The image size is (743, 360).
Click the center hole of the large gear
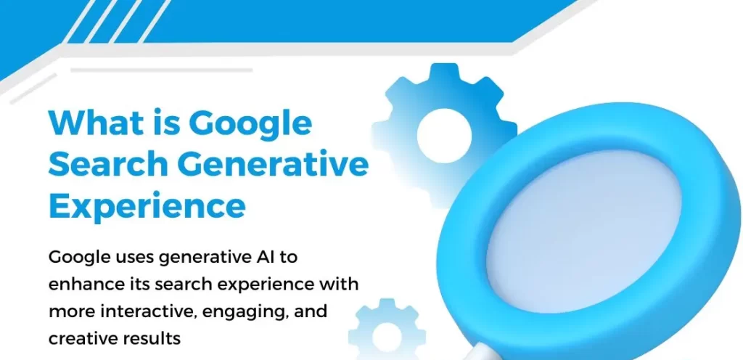[445, 136]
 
